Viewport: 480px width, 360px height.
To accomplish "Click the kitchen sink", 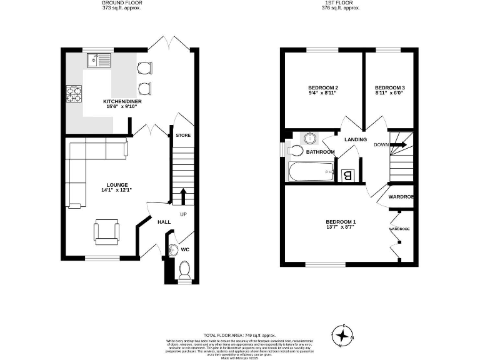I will tap(99, 61).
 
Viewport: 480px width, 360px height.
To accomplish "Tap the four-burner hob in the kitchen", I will tap(75, 95).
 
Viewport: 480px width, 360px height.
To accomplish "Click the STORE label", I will tap(183, 136).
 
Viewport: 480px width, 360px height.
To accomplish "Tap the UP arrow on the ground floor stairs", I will tap(183, 196).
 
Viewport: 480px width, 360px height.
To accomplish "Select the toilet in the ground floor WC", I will tap(184, 270).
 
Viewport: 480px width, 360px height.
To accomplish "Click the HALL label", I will tap(164, 222).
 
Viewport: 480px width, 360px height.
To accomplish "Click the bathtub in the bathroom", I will tap(311, 171).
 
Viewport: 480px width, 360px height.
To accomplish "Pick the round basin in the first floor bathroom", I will tap(311, 138).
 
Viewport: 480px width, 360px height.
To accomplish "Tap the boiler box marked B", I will tap(348, 176).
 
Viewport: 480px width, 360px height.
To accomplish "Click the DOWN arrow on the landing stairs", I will tap(399, 145).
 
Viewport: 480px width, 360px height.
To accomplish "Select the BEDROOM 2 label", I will tap(323, 87).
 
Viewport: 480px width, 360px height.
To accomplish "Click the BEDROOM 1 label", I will tap(341, 222).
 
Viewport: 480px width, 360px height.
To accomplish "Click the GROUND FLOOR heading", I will tap(121, 3).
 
